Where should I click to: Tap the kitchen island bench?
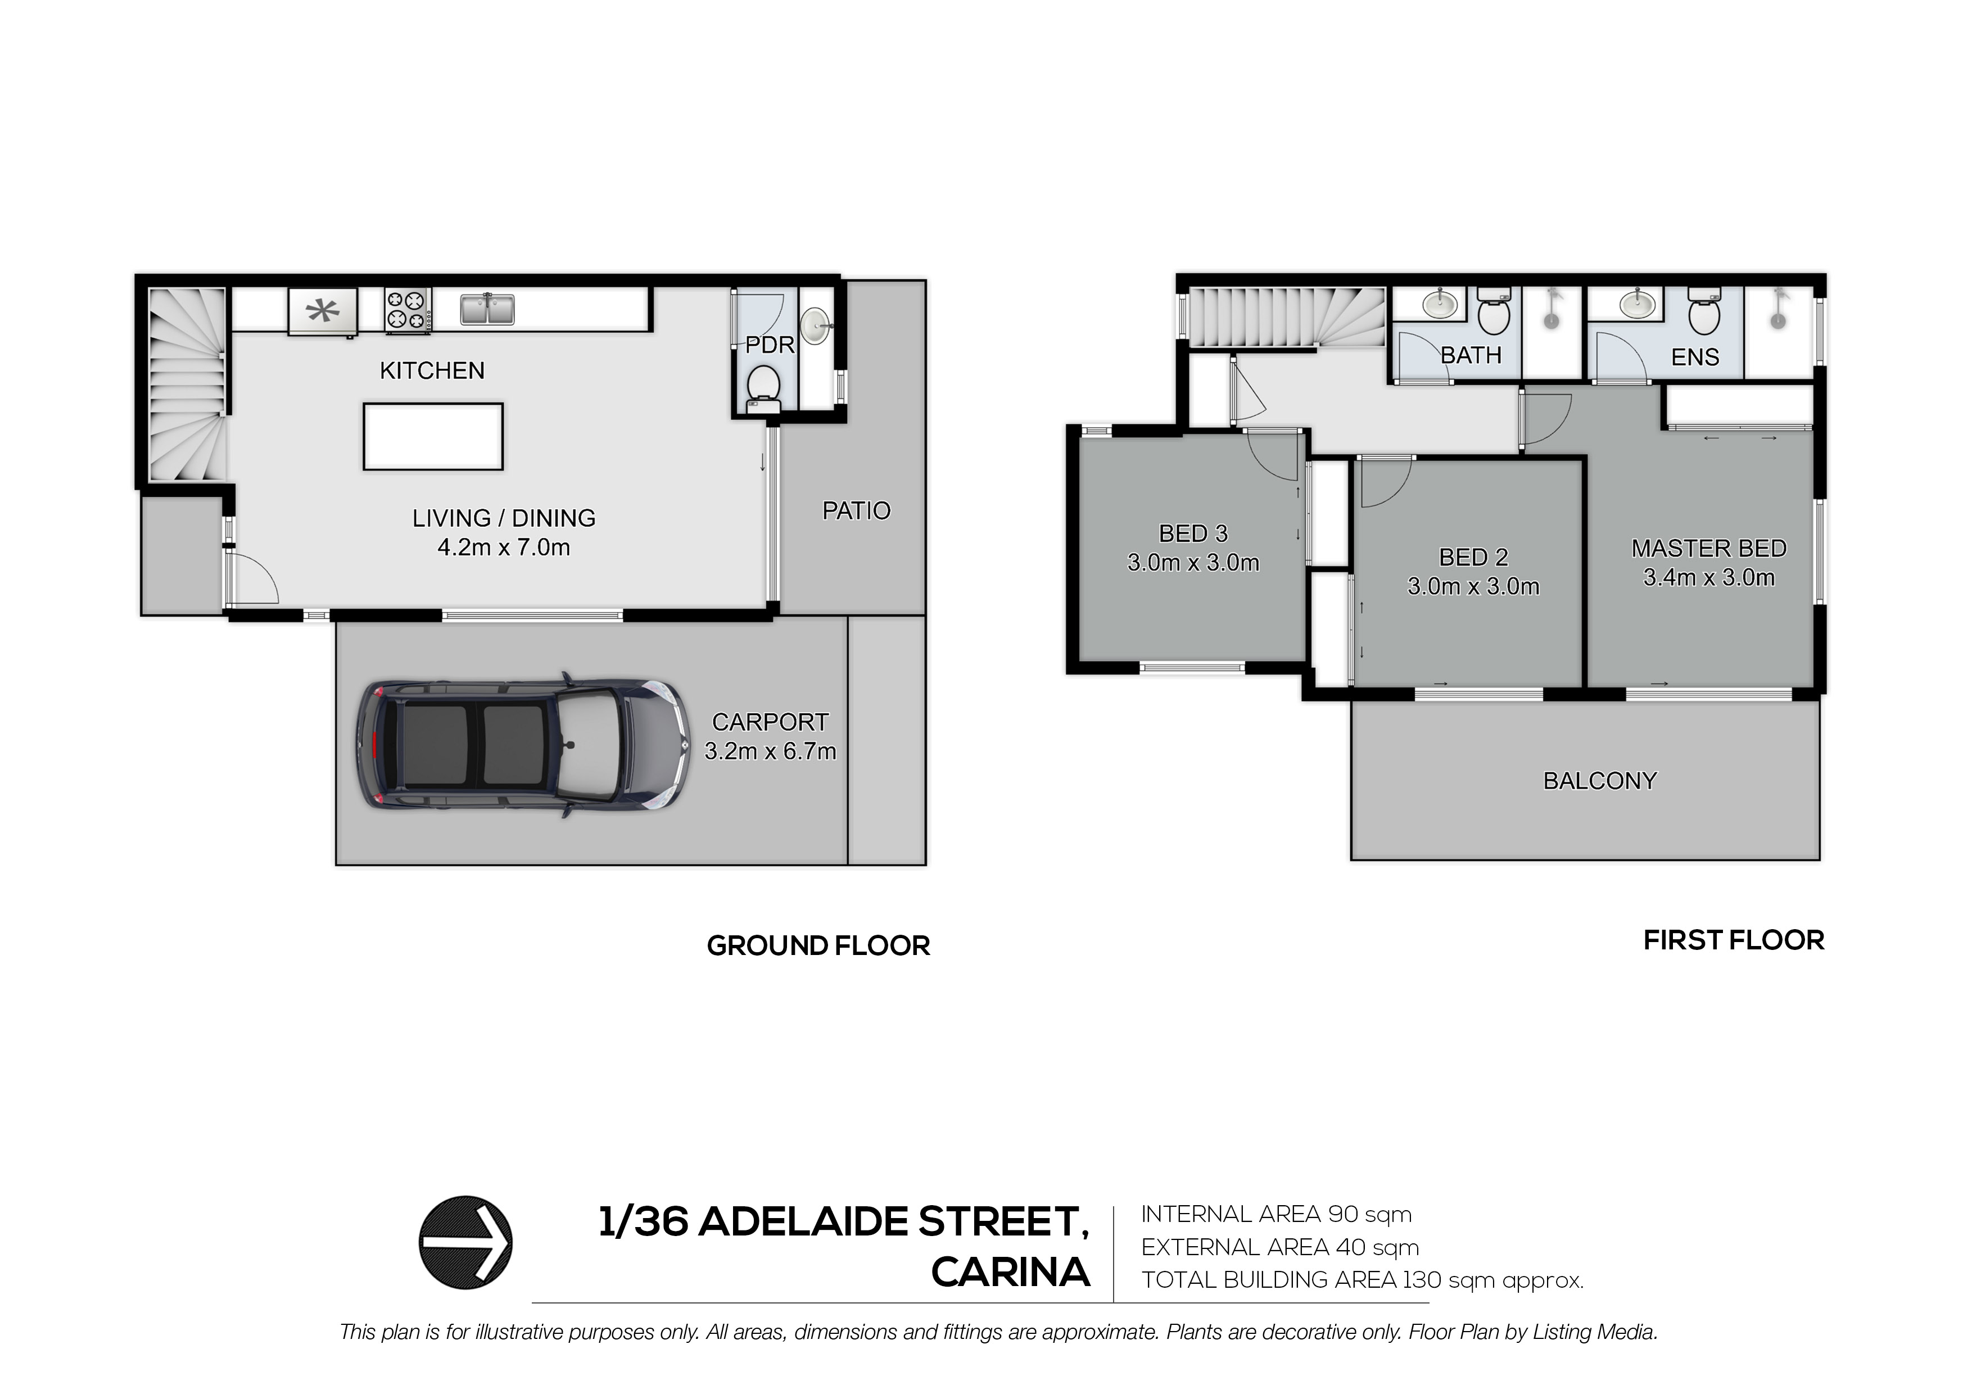tap(433, 436)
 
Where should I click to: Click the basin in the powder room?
tap(816, 325)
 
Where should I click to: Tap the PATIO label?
tap(856, 511)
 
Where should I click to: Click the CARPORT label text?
tap(771, 722)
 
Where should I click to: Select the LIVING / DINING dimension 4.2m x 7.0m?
tap(504, 547)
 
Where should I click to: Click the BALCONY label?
tap(1600, 781)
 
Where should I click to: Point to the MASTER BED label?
tap(1709, 548)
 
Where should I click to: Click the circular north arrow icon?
tap(465, 1242)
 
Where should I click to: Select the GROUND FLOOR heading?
tap(818, 945)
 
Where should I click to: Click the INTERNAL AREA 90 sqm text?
tap(1276, 1215)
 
